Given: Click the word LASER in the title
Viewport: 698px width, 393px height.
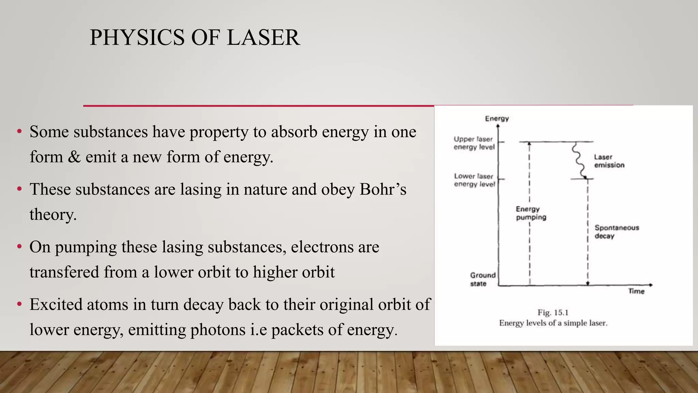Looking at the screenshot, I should (x=263, y=38).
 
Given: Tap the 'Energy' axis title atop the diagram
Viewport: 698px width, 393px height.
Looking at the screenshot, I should (x=497, y=118).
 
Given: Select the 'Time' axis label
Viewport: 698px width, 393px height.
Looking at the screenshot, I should (x=636, y=291).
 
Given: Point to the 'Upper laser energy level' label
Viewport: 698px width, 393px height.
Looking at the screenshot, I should (x=474, y=143).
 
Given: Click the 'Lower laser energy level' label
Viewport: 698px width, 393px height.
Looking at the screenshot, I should (x=474, y=180).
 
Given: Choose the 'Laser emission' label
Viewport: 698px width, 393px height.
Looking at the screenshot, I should (x=609, y=161).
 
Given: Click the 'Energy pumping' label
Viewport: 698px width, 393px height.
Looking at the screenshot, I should (x=531, y=213).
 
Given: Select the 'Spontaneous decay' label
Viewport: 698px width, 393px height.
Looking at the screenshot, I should (x=617, y=232).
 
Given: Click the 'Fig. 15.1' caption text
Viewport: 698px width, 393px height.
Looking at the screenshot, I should (x=553, y=312).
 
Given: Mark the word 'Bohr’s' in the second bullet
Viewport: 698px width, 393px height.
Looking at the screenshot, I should (x=383, y=189).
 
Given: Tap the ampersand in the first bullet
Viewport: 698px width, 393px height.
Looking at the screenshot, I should (x=74, y=157).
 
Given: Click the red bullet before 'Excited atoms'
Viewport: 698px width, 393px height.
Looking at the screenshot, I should (x=19, y=304).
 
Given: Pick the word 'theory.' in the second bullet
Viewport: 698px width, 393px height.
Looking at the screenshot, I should (x=53, y=215).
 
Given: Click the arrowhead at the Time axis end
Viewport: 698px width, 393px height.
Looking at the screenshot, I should (x=651, y=285).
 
